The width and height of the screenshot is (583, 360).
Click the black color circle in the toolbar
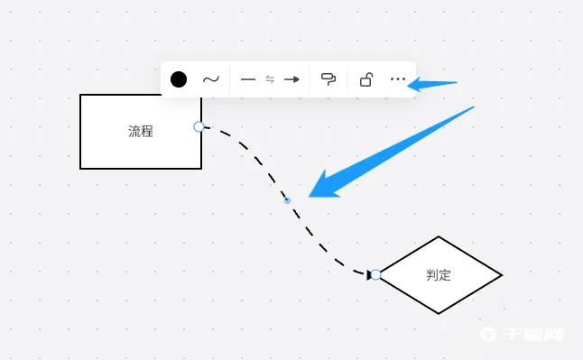[x=179, y=79]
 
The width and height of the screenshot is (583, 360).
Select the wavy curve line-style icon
[x=210, y=79]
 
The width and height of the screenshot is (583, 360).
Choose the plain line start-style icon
[x=248, y=79]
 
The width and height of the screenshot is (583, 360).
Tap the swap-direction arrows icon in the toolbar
[x=270, y=79]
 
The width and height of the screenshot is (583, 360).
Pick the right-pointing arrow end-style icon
[x=291, y=79]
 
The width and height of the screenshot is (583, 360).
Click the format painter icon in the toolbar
[x=329, y=79]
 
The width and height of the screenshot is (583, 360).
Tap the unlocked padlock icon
[x=366, y=79]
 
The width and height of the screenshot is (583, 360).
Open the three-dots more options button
[x=398, y=79]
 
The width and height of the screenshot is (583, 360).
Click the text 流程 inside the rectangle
[x=141, y=132]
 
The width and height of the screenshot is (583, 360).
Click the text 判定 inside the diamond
[x=439, y=275]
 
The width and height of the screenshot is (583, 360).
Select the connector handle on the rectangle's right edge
[x=199, y=126]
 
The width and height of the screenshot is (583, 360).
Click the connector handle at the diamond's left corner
[x=375, y=274]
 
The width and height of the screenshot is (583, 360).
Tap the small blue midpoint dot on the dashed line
[x=288, y=200]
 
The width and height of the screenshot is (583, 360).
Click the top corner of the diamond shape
[x=439, y=237]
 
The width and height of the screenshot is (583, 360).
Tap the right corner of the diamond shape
[x=501, y=274]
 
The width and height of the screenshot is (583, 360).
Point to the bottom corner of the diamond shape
[x=439, y=313]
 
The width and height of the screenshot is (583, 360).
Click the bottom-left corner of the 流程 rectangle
[x=81, y=168]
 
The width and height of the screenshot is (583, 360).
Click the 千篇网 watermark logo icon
[x=488, y=334]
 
